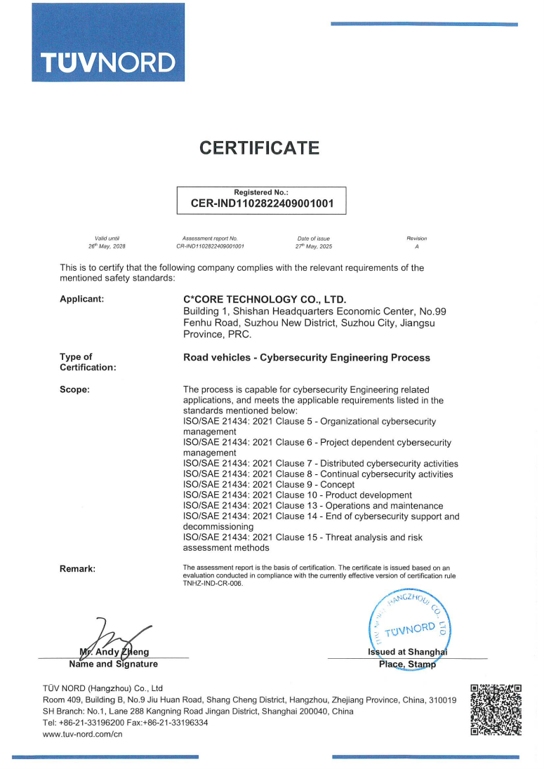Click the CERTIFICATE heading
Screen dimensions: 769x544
[260, 148]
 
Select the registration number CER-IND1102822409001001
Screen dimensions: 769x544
[261, 204]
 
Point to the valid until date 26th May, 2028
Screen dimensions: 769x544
[107, 247]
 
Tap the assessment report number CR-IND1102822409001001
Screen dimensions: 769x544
[210, 247]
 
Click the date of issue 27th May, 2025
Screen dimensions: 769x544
[313, 247]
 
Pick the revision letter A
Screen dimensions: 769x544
[417, 247]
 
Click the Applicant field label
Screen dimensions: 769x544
[82, 300]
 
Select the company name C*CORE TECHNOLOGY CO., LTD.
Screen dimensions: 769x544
[265, 300]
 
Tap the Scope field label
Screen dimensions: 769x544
[74, 389]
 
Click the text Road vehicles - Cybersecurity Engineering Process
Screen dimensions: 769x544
[306, 358]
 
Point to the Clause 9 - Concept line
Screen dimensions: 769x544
[269, 485]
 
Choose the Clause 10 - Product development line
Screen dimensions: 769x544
[298, 495]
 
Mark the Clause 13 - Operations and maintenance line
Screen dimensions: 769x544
[313, 506]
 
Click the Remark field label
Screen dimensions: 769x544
[77, 568]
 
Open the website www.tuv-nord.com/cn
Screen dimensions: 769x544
[83, 734]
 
